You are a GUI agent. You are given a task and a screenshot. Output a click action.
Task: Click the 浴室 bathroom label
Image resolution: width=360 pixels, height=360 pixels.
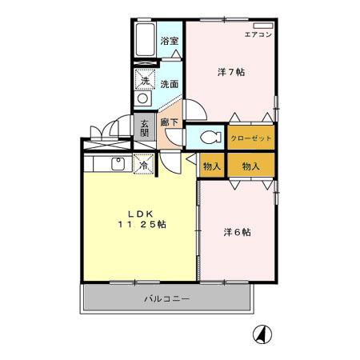click(169, 42)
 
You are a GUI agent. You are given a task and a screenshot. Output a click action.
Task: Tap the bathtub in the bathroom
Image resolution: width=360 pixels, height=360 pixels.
click(145, 40)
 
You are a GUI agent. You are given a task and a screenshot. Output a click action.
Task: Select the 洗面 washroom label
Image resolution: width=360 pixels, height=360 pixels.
click(169, 83)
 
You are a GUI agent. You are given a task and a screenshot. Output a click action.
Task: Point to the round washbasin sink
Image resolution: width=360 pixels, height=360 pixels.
click(144, 99)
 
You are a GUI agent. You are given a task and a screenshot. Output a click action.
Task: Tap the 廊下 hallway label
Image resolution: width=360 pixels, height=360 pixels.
click(169, 122)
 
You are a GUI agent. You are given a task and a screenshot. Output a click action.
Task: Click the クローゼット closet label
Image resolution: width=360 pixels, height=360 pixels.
click(251, 138)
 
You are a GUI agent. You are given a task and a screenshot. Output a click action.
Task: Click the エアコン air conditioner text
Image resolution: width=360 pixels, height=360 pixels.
click(258, 35)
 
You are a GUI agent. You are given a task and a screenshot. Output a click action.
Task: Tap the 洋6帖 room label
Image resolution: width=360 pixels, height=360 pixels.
click(238, 233)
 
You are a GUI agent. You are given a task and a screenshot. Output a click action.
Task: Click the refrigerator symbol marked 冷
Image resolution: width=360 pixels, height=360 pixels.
click(145, 165)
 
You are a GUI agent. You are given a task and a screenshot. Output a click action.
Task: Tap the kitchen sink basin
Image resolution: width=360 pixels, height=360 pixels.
click(117, 165)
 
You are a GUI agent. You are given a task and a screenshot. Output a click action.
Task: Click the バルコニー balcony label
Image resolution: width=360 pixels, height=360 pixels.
click(166, 299)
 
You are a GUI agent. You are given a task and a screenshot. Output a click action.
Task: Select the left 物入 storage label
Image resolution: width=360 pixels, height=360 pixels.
click(212, 166)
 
